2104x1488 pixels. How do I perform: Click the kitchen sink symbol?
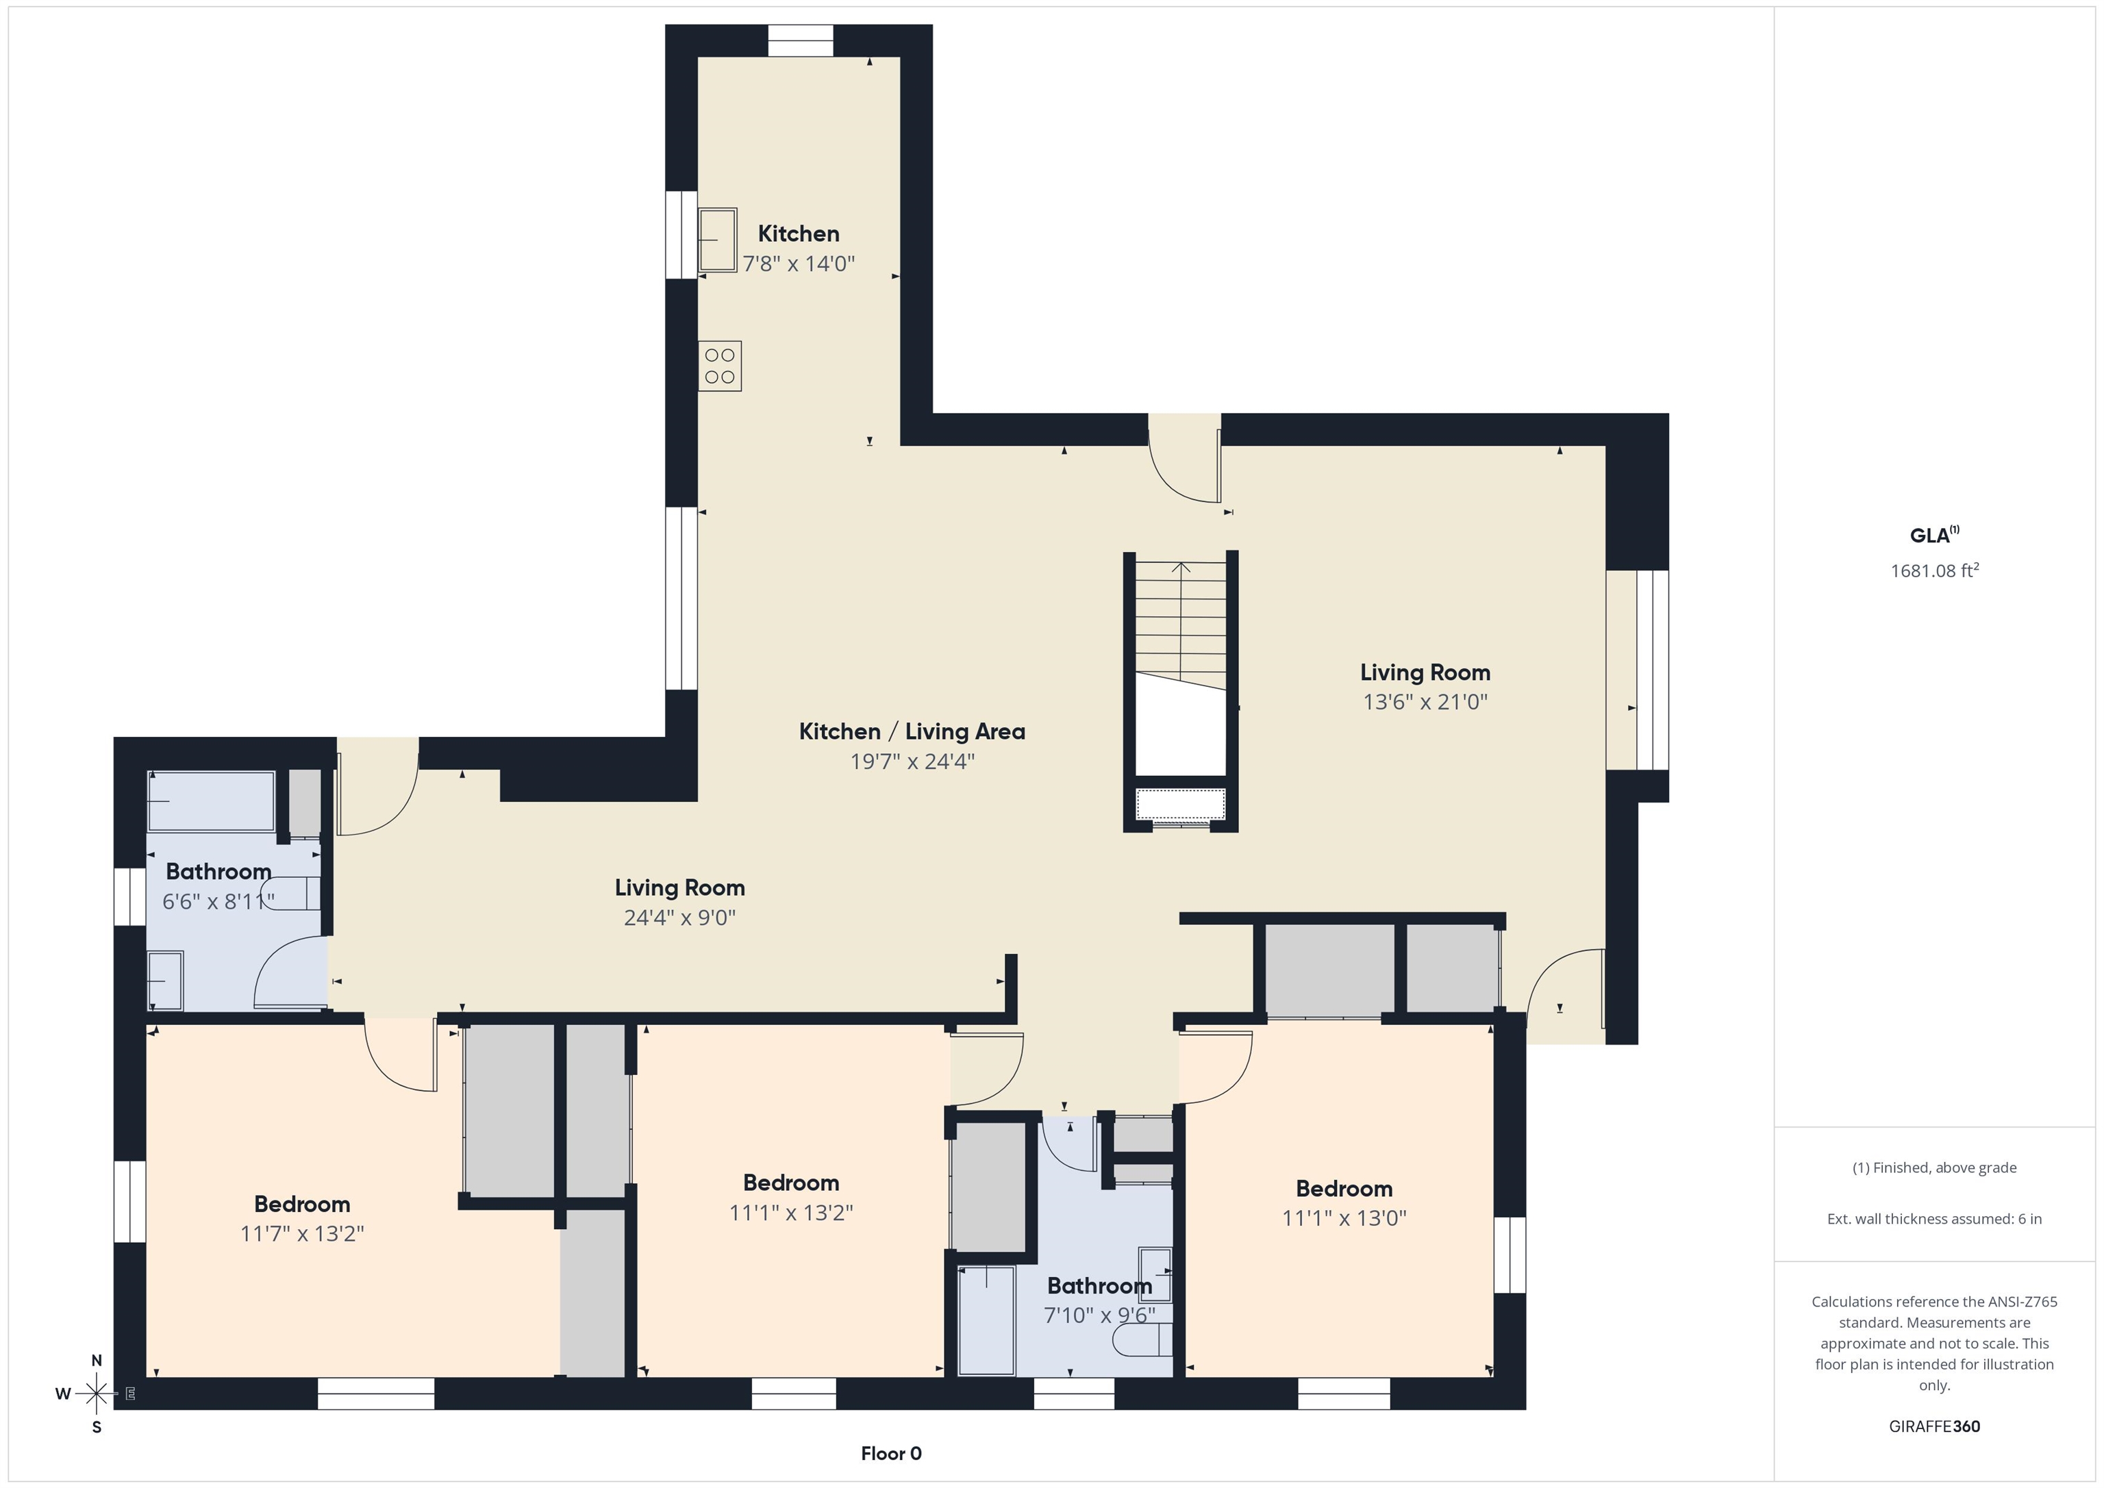[718, 240]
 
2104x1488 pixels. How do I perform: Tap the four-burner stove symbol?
[719, 366]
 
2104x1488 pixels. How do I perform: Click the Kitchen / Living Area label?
[912, 731]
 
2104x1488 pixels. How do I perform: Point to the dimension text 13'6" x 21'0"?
[1425, 702]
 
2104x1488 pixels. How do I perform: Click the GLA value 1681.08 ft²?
[1934, 570]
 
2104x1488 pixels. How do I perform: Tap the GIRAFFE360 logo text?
[1934, 1426]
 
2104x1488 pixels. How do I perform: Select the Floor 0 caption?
[891, 1453]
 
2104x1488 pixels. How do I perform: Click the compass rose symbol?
[95, 1394]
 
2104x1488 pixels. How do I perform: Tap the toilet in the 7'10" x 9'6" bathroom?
[1142, 1341]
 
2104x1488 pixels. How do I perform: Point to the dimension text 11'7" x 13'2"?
[303, 1233]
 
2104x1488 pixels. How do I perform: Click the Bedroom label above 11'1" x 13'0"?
[1344, 1188]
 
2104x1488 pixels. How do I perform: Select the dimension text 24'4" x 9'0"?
[680, 917]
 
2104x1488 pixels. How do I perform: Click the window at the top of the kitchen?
[800, 41]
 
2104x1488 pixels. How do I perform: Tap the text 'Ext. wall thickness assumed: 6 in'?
[1934, 1219]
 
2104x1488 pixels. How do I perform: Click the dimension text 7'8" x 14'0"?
[798, 264]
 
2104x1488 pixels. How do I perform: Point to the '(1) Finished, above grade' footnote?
[1934, 1168]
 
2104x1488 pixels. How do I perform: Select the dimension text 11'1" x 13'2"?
[791, 1212]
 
